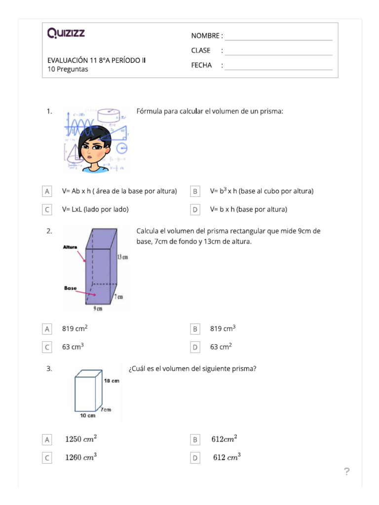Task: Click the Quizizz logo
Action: click(x=66, y=34)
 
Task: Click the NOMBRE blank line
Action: click(x=278, y=39)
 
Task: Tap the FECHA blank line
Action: click(x=278, y=69)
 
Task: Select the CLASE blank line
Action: click(x=278, y=54)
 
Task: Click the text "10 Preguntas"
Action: click(x=68, y=69)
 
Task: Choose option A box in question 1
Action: click(x=47, y=191)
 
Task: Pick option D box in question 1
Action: click(x=195, y=210)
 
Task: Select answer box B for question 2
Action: click(x=195, y=329)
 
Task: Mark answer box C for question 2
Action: click(x=47, y=347)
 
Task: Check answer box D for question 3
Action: click(x=195, y=458)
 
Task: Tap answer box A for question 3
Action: click(x=47, y=439)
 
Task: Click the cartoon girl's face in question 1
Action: click(x=92, y=146)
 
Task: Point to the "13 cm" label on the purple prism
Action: click(x=123, y=257)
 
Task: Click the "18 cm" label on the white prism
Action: click(x=112, y=381)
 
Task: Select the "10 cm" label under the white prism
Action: click(x=87, y=416)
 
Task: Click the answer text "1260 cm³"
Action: click(x=81, y=458)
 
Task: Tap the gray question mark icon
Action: click(x=346, y=472)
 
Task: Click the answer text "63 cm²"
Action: click(x=221, y=347)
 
